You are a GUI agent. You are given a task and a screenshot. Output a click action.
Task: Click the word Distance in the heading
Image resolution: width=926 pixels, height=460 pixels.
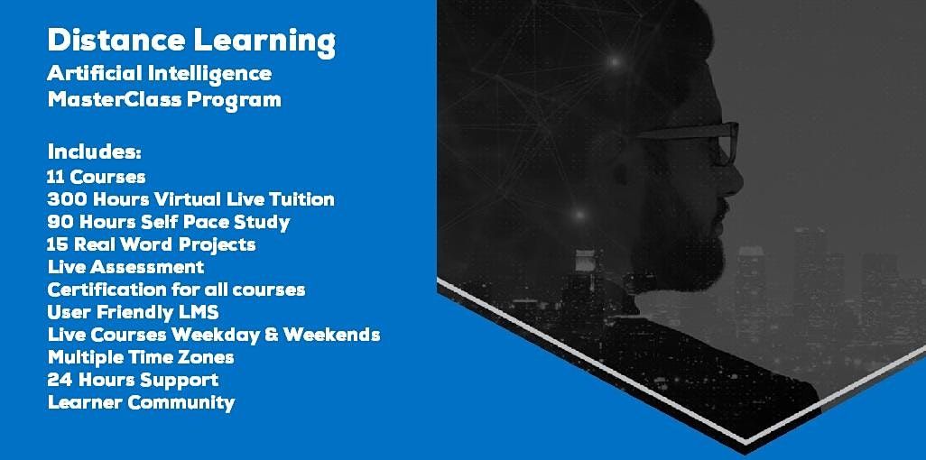click(116, 41)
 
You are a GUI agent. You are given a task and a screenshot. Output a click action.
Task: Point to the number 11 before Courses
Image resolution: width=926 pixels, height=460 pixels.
click(55, 177)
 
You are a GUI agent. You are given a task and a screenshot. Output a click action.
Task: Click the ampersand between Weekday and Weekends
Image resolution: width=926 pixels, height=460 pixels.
click(271, 335)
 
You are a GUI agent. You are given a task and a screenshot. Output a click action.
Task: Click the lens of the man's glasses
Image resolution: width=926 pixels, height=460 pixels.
click(725, 144)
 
